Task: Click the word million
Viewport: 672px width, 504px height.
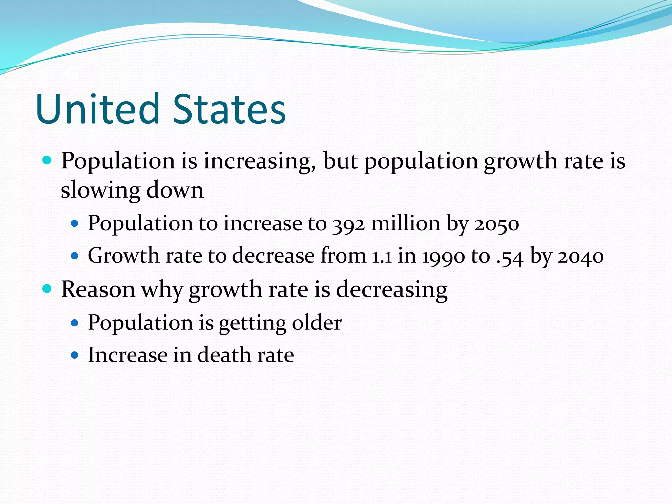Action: pyautogui.click(x=406, y=223)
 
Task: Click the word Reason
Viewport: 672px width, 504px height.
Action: pyautogui.click(x=98, y=289)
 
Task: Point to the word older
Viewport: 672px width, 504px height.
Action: pyautogui.click(x=317, y=323)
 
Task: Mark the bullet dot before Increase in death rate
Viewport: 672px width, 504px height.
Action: pyautogui.click(x=75, y=355)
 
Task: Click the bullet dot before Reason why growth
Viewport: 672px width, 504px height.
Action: pyautogui.click(x=47, y=289)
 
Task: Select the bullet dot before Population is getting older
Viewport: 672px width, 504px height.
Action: pyautogui.click(x=75, y=323)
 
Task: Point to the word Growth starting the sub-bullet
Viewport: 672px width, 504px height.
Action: pyautogui.click(x=123, y=256)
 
